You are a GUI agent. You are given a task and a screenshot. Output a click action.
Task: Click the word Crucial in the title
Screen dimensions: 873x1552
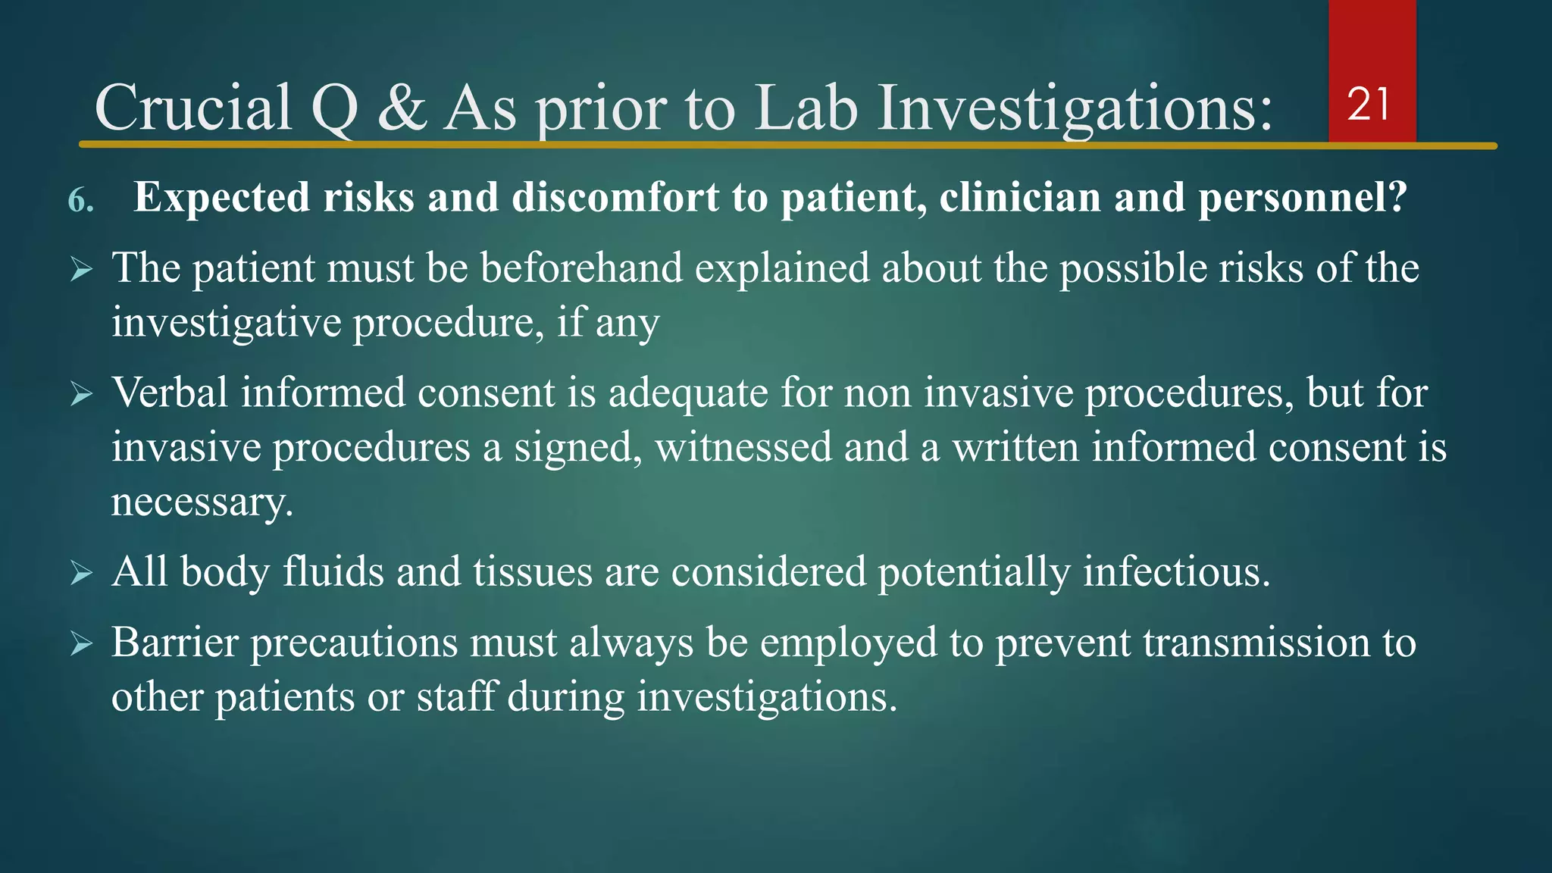193,108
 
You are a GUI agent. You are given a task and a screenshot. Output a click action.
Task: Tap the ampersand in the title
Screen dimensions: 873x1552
402,108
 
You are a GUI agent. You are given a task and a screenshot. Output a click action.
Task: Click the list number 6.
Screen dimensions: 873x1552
80,201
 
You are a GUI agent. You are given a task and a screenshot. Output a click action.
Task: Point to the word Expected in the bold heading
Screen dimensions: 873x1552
221,198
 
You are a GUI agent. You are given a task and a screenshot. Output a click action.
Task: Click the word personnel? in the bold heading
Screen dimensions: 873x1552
1302,198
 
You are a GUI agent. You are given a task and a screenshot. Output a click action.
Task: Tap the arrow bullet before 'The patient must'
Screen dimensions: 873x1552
81,269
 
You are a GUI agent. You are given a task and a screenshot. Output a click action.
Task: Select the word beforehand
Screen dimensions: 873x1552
581,268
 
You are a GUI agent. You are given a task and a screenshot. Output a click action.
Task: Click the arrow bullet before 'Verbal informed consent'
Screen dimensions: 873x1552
81,394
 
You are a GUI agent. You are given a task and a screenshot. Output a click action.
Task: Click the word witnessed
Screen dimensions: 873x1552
743,447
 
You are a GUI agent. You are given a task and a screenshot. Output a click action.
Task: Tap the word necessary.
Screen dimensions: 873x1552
202,502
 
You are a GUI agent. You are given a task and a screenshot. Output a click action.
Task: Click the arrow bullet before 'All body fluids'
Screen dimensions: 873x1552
81,573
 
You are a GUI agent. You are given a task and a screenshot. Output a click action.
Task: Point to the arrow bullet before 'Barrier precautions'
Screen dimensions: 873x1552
81,644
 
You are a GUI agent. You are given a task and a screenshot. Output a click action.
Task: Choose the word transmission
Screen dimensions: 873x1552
1256,643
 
